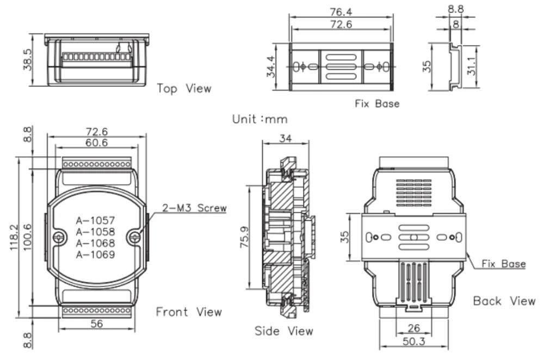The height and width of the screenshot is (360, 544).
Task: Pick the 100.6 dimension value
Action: click(26, 238)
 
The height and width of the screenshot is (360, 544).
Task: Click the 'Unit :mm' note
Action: click(259, 119)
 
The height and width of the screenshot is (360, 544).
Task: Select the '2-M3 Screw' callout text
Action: click(194, 208)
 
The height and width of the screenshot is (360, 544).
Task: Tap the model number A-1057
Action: click(95, 220)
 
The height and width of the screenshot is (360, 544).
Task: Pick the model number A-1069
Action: click(95, 254)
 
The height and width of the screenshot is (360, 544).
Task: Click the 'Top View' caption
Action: click(184, 88)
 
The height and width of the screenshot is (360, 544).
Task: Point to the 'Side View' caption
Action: click(284, 331)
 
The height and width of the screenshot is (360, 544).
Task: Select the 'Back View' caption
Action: click(504, 301)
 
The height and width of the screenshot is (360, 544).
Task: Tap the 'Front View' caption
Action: click(189, 312)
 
